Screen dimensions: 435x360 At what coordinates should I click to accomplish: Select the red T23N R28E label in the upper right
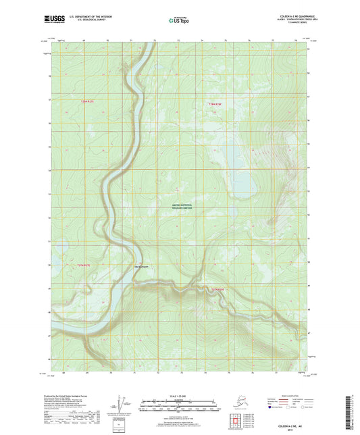tap(215, 103)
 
